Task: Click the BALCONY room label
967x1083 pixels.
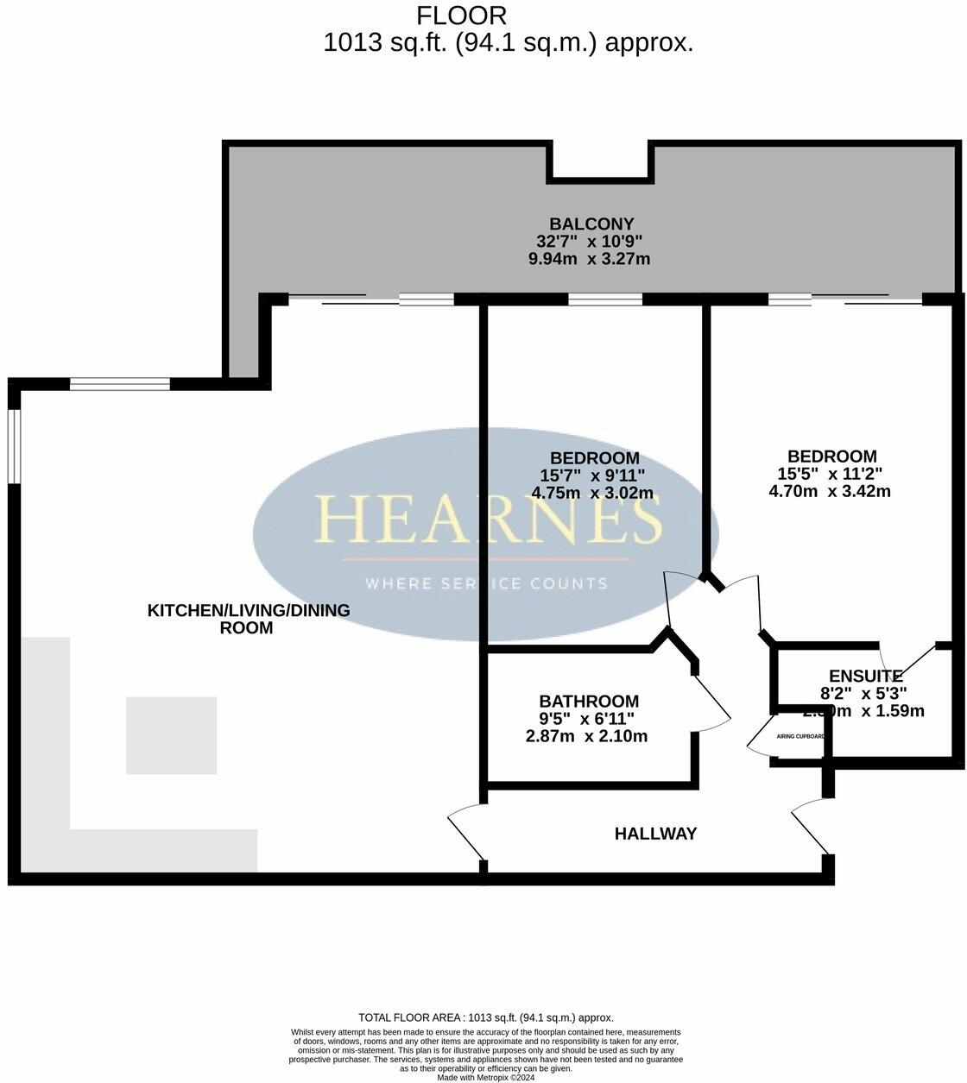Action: click(591, 224)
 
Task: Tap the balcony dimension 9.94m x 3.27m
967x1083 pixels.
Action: click(590, 259)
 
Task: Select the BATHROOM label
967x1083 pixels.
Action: click(589, 702)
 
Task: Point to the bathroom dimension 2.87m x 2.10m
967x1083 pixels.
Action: click(586, 736)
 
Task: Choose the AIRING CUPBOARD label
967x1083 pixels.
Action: click(800, 737)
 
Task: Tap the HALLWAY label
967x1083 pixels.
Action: click(655, 834)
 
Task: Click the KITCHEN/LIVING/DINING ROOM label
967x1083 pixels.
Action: click(249, 619)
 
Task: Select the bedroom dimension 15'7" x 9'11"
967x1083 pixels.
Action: click(592, 475)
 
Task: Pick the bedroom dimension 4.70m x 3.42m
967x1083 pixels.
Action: click(829, 491)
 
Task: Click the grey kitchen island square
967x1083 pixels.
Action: click(171, 735)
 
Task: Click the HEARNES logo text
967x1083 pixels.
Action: click(488, 518)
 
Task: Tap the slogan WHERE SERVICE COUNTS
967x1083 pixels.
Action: click(487, 583)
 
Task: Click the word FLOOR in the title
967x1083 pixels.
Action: click(462, 15)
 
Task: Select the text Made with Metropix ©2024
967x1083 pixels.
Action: click(486, 1077)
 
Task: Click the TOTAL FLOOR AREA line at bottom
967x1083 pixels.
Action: click(486, 1017)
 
